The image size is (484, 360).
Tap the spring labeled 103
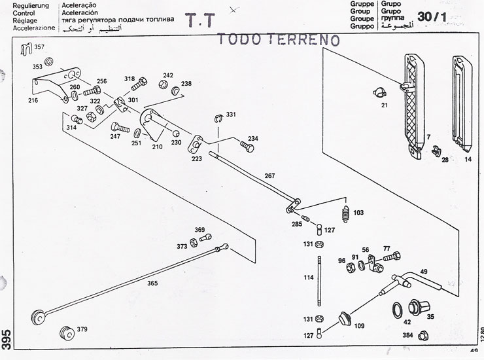(x=341, y=213)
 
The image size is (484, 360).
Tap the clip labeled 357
(x=26, y=48)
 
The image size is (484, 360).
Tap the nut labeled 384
(x=423, y=336)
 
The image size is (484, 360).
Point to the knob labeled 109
(x=343, y=318)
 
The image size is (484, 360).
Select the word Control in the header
(x=14, y=12)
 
